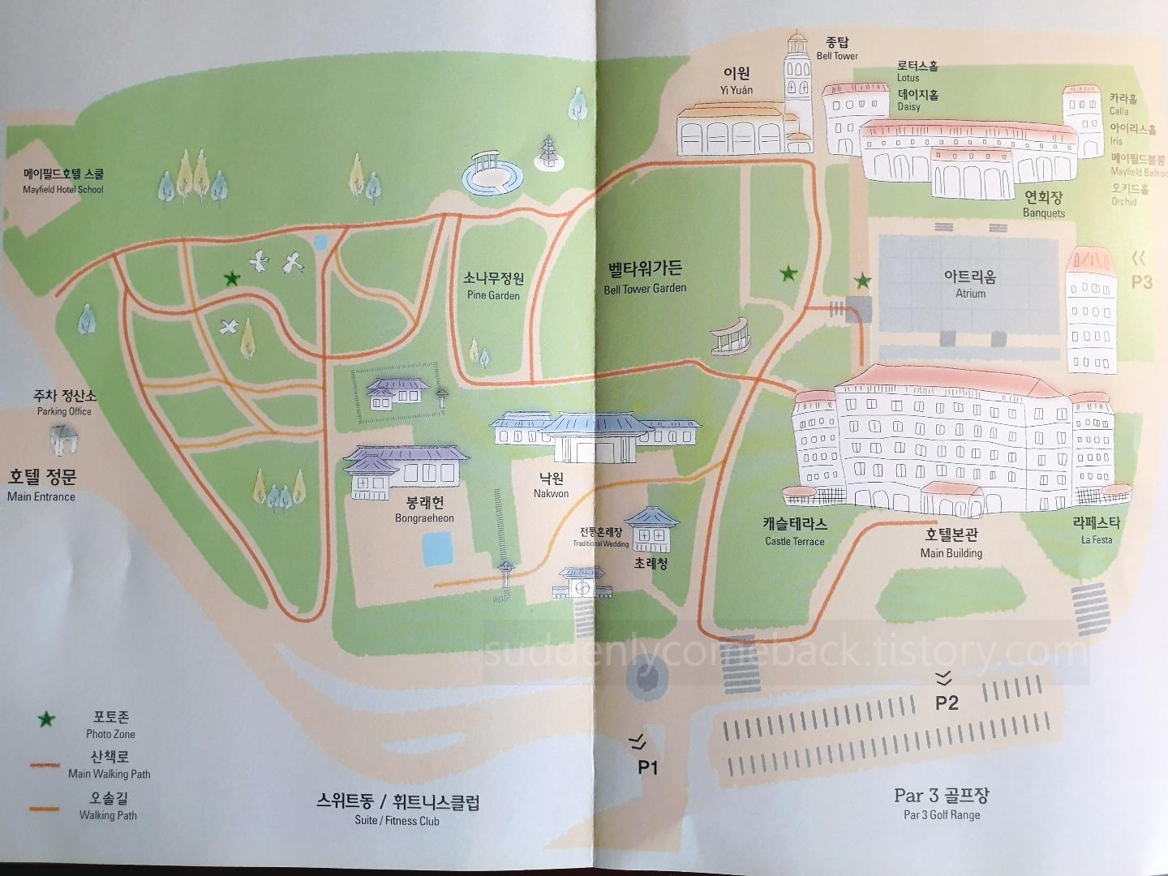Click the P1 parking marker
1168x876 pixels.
point(647,766)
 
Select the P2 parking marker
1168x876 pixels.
point(947,702)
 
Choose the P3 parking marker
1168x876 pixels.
point(1141,281)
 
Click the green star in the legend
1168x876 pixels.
point(47,719)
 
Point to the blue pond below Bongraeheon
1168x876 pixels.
point(438,547)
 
